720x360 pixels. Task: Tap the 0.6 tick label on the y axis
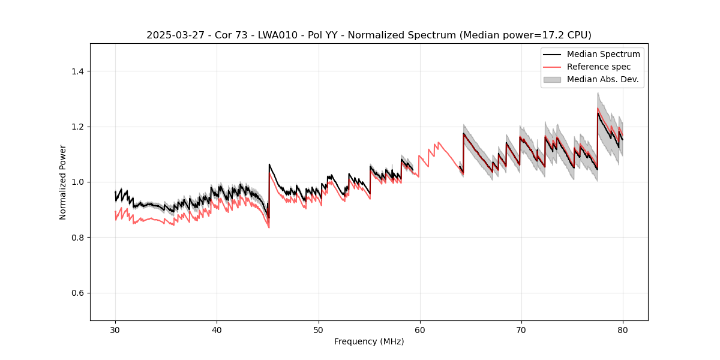pos(77,293)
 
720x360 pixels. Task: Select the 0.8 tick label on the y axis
pos(77,238)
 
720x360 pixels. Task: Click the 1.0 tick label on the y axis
pos(77,182)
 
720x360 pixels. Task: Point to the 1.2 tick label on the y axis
pos(77,127)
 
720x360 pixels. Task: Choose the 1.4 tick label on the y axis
pos(77,71)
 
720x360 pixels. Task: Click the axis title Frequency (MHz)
pos(369,341)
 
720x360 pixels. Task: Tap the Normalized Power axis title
pos(63,182)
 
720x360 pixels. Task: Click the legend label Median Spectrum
pos(603,54)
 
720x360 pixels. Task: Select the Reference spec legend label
pos(598,67)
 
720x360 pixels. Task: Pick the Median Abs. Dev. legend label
pos(602,79)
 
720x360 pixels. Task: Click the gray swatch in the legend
pos(552,79)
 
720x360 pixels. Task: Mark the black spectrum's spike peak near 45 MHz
pos(269,164)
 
